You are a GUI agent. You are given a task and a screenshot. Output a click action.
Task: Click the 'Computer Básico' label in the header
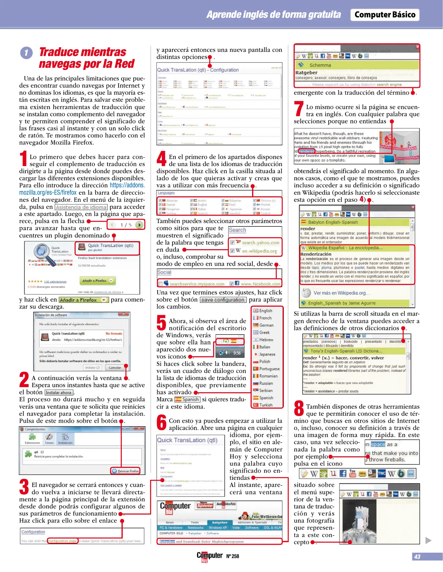[385, 15]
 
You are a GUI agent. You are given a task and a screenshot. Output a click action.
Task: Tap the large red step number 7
[299, 109]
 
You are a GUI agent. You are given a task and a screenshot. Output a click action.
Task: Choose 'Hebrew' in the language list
[266, 339]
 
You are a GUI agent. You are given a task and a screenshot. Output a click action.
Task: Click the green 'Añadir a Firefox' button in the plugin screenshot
[97, 280]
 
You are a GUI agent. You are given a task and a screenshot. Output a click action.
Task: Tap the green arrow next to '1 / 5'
[139, 225]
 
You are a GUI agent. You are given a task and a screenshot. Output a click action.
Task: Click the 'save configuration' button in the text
[223, 300]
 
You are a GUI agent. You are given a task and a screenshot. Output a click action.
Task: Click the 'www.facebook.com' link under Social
[260, 284]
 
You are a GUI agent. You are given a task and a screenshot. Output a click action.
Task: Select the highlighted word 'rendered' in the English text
[307, 151]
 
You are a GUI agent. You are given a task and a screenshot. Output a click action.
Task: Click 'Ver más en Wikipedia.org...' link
[341, 293]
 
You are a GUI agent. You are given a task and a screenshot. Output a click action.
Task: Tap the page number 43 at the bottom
[417, 557]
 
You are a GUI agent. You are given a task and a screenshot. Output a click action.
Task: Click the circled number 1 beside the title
[26, 53]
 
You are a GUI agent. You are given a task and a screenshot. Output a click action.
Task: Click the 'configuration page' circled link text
[62, 541]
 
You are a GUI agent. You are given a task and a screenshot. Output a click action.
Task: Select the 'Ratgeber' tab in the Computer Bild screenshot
[220, 522]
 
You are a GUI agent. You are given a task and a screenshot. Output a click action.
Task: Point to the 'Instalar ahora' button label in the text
[59, 393]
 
